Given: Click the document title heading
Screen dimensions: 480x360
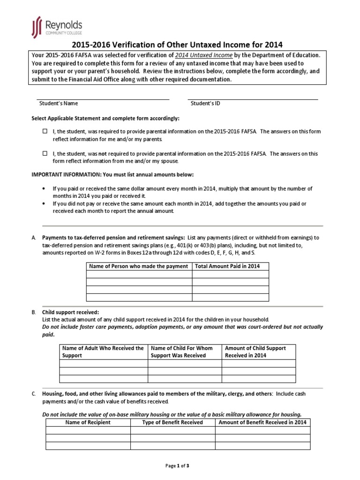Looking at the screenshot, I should coord(177,45).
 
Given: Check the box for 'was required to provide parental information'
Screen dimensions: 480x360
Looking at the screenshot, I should coord(45,132).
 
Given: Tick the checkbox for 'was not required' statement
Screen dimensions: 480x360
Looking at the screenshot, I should coord(45,153).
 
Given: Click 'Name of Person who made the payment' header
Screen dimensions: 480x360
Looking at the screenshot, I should coord(139,266).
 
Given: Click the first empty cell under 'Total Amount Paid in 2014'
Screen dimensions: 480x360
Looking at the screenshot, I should coord(230,274).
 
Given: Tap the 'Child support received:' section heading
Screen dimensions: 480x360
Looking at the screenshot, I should coord(70,312).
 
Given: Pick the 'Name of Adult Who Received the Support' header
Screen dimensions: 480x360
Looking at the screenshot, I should coord(104,352).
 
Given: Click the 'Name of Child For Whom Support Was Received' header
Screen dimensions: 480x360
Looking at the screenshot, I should coord(185,352).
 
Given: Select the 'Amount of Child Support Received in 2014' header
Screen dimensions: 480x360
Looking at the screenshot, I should coord(258,352).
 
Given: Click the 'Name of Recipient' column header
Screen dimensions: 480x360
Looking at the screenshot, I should coord(88,422).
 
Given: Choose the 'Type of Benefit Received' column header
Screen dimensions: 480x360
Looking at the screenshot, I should coord(172,422).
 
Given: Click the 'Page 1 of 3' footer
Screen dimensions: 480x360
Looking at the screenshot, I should coord(177,466).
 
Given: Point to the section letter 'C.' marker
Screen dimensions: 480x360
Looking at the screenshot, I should coord(34,394).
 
